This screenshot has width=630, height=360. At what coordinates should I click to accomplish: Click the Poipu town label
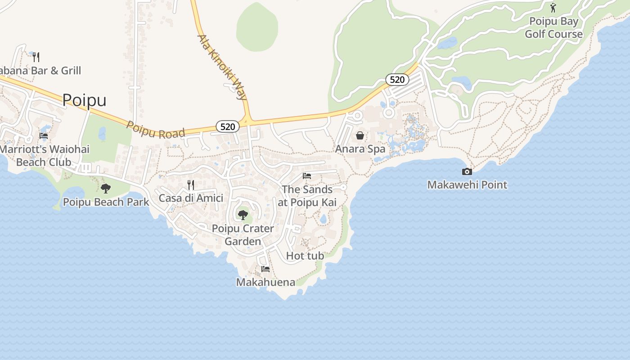pyautogui.click(x=84, y=100)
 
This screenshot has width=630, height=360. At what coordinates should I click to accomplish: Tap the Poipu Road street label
pyautogui.click(x=156, y=130)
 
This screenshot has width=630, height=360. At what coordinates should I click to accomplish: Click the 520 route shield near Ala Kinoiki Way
pyautogui.click(x=228, y=127)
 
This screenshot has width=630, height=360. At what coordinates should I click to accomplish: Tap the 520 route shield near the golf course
pyautogui.click(x=397, y=80)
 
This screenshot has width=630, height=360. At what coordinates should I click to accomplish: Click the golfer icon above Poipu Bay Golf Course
pyautogui.click(x=553, y=7)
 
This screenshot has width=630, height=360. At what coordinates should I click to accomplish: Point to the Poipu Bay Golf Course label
pyautogui.click(x=553, y=28)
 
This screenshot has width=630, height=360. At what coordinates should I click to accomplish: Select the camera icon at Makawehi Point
pyautogui.click(x=467, y=171)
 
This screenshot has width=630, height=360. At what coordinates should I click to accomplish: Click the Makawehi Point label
pyautogui.click(x=467, y=184)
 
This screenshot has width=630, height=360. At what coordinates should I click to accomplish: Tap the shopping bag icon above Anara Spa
pyautogui.click(x=360, y=135)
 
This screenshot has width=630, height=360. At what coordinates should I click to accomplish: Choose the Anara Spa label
pyautogui.click(x=360, y=149)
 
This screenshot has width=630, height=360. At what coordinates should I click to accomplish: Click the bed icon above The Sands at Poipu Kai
pyautogui.click(x=307, y=175)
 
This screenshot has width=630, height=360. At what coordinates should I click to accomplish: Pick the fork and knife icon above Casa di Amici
pyautogui.click(x=191, y=184)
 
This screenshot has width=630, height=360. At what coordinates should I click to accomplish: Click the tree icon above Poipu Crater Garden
pyautogui.click(x=243, y=215)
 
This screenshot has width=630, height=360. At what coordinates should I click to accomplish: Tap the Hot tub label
pyautogui.click(x=305, y=256)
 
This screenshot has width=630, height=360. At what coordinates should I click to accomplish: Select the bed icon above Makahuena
pyautogui.click(x=265, y=269)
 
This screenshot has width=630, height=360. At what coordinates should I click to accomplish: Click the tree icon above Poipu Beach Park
pyautogui.click(x=106, y=188)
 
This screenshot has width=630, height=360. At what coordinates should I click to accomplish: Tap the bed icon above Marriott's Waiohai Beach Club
pyautogui.click(x=44, y=135)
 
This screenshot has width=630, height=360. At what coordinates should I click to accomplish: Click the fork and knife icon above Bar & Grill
pyautogui.click(x=36, y=57)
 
